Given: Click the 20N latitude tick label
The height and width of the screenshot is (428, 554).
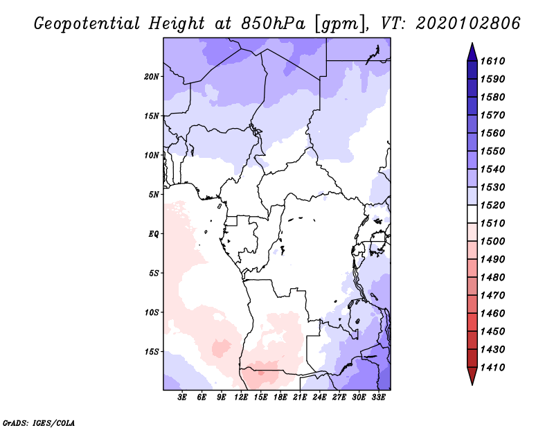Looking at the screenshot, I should pyautogui.click(x=152, y=76).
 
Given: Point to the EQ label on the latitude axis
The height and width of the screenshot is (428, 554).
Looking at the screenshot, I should pyautogui.click(x=154, y=233).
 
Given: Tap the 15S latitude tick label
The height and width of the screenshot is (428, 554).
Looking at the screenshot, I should pyautogui.click(x=152, y=352).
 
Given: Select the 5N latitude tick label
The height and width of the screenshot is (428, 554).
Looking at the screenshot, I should pyautogui.click(x=154, y=195).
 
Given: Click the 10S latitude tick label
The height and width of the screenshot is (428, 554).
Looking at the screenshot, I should pyautogui.click(x=152, y=312).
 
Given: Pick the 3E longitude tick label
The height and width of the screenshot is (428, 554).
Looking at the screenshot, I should pyautogui.click(x=183, y=397).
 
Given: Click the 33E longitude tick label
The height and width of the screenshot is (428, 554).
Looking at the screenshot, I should pyautogui.click(x=378, y=397).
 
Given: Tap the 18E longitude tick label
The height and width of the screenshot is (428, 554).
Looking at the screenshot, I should pyautogui.click(x=280, y=397).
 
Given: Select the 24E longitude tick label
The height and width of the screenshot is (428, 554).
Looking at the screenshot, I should pyautogui.click(x=319, y=397).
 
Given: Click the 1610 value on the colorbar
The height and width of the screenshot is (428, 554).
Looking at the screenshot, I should pyautogui.click(x=494, y=61).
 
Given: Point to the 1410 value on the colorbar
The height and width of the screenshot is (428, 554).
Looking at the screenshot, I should pyautogui.click(x=494, y=367).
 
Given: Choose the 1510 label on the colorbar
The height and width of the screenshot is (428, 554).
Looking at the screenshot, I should pyautogui.click(x=494, y=223).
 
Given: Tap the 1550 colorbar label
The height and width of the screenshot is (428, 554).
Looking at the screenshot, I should pyautogui.click(x=494, y=151).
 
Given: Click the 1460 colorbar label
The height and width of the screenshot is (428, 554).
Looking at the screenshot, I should pyautogui.click(x=494, y=313).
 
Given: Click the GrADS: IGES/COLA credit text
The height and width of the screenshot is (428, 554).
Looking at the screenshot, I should pyautogui.click(x=39, y=422).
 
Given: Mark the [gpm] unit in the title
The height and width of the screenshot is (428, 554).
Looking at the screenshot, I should pyautogui.click(x=335, y=24).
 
